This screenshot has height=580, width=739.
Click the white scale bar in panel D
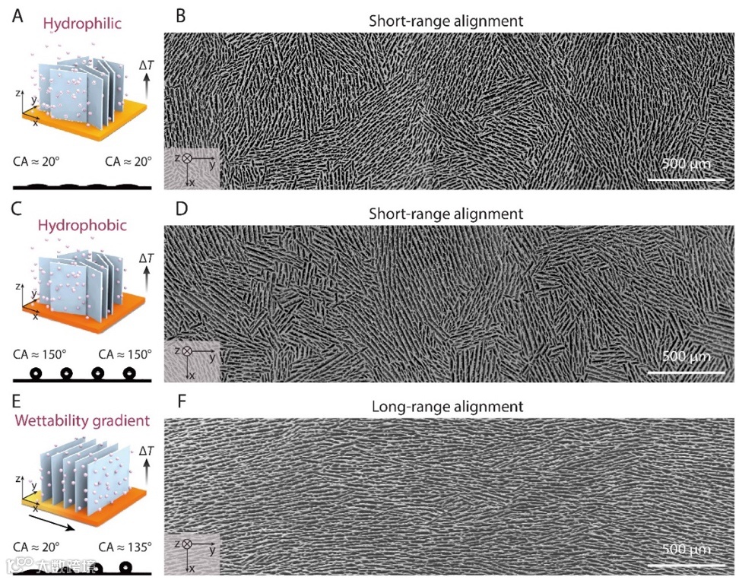(686, 372)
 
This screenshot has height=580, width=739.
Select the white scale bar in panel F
(686, 565)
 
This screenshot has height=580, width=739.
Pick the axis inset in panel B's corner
(191, 166)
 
